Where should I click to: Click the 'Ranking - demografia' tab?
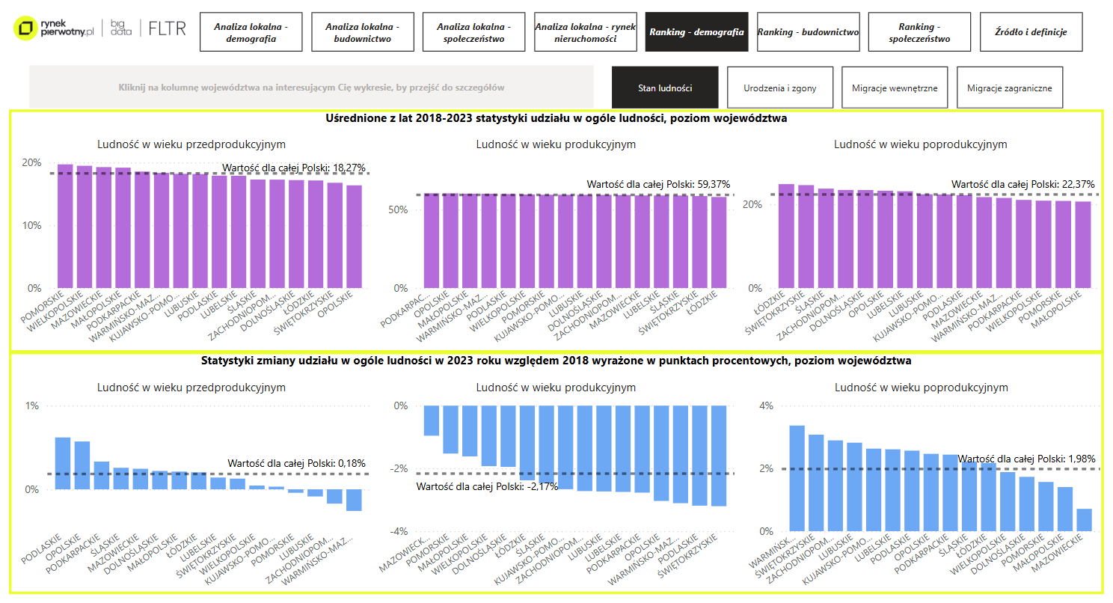coord(696,31)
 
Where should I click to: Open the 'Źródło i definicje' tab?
coord(1031,31)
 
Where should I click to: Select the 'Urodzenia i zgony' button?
coord(779,88)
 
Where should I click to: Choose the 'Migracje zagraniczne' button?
coord(1009,88)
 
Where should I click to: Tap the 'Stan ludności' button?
coord(664,88)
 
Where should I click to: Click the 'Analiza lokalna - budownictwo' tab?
coord(362,31)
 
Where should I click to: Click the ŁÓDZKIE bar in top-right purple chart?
coord(786,236)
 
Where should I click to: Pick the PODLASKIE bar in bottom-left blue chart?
coord(63,464)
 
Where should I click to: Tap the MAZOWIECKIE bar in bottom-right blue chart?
coord(1084,520)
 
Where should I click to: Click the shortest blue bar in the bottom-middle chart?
coord(432,420)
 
